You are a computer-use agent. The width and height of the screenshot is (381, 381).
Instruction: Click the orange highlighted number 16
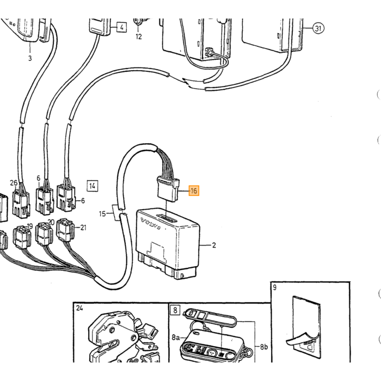[x=194, y=190]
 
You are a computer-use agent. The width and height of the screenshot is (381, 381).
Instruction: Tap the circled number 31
[x=318, y=28]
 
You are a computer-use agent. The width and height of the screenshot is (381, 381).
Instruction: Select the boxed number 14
[x=93, y=186]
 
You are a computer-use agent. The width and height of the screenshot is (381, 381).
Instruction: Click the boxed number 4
[x=122, y=27]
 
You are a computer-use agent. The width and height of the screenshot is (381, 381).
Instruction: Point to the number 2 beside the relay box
[x=214, y=245]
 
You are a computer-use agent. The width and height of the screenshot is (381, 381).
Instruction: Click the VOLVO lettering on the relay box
[x=151, y=224]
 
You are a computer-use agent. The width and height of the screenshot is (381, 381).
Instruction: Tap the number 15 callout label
[x=102, y=214]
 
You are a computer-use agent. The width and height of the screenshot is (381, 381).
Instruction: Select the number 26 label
[x=14, y=183]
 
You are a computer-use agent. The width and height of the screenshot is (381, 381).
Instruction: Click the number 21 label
[x=83, y=228]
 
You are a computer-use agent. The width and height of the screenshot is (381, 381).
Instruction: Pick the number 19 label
[x=29, y=226]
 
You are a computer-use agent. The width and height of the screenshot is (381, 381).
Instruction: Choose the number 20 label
[x=51, y=222]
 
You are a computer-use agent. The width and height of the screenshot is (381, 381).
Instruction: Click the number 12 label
[x=138, y=36]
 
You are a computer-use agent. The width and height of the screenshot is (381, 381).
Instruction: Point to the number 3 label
[x=30, y=58]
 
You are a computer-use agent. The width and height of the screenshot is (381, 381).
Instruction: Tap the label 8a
[x=175, y=337]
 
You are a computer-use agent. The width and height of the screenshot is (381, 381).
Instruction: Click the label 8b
[x=264, y=347]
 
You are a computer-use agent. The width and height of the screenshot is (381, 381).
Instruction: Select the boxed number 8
[x=175, y=310]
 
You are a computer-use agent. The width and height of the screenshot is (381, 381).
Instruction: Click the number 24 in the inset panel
[x=79, y=308]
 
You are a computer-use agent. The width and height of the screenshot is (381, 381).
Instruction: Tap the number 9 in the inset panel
[x=275, y=287]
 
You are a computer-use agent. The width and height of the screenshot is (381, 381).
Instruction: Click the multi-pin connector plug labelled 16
[x=168, y=189]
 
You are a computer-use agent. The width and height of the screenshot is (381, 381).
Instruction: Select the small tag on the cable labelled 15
[x=116, y=213]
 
